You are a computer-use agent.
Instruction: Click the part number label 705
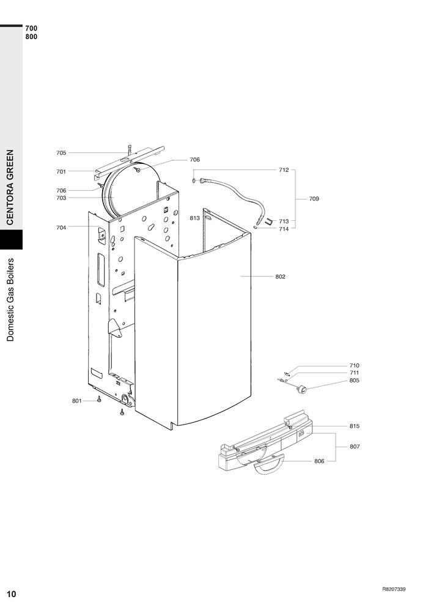(61, 153)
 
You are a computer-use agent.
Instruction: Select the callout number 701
(61, 171)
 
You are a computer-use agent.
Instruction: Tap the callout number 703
(61, 198)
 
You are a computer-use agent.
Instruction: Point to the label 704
(61, 228)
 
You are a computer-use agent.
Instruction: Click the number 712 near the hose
(284, 170)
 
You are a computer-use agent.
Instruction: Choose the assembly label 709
(314, 199)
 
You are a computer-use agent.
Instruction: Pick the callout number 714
(284, 229)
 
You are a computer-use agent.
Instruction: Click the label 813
(194, 218)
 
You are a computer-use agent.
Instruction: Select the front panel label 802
(280, 277)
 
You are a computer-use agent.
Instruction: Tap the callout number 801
(77, 401)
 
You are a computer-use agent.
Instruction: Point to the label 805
(355, 381)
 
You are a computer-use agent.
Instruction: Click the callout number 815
(355, 426)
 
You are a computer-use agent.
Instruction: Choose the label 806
(320, 461)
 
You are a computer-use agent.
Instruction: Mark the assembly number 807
(355, 447)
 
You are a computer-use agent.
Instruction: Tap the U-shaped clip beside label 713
(268, 222)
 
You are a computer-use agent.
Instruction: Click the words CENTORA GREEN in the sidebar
(10, 187)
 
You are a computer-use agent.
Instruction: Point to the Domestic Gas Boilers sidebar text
(10, 300)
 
